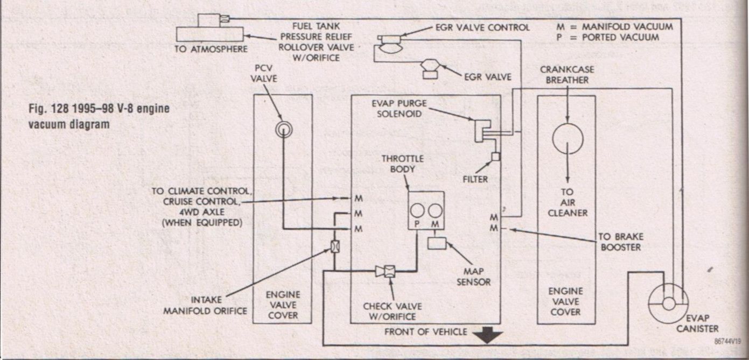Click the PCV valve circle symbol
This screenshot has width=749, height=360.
[x=283, y=129]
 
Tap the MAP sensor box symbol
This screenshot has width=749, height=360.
[x=436, y=243]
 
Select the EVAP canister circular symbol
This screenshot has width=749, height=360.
[x=668, y=303]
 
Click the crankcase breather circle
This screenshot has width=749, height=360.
[x=568, y=138]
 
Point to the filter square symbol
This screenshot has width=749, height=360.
[x=495, y=157]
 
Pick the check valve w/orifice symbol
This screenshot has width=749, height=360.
[x=386, y=271]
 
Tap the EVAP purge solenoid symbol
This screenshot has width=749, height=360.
[x=481, y=130]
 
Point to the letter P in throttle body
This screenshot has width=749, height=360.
[x=417, y=223]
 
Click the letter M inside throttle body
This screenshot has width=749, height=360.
[x=435, y=223]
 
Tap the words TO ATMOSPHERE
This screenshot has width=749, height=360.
[x=212, y=50]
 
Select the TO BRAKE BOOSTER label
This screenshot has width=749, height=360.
[x=621, y=242]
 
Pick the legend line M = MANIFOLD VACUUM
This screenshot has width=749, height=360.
[x=615, y=26]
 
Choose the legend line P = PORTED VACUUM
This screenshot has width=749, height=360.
[x=608, y=37]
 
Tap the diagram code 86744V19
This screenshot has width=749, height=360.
[x=728, y=341]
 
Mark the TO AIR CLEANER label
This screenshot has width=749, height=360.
[x=567, y=202]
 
